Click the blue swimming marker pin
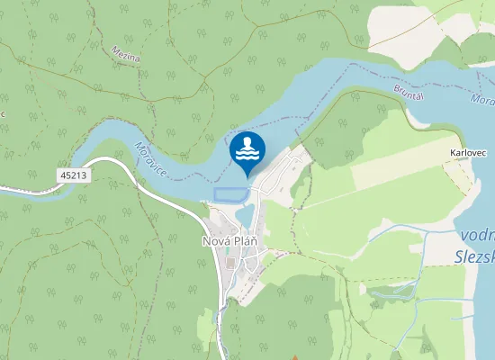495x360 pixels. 247,151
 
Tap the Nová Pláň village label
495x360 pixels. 231,241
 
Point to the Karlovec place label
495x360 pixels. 467,153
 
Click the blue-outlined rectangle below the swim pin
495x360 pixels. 229,194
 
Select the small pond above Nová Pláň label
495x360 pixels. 244,219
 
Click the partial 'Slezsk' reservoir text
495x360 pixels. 472,256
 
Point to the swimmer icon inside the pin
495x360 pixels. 247,147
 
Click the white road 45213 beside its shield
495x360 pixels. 108,162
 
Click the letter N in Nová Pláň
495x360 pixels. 207,241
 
